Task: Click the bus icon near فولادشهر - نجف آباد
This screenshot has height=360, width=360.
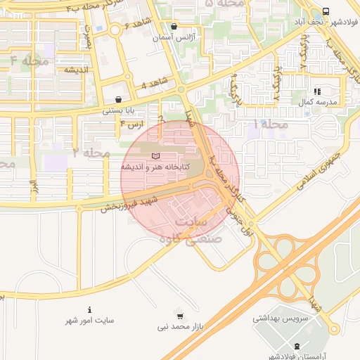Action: (326, 12)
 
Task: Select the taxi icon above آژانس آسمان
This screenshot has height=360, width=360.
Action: (174, 25)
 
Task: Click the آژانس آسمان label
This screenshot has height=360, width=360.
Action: (174, 36)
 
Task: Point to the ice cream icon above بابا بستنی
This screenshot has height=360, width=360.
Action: (118, 100)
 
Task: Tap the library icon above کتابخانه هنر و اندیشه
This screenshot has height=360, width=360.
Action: (156, 155)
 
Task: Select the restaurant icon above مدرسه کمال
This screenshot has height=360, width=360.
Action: (317, 91)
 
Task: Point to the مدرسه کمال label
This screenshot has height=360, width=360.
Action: (319, 102)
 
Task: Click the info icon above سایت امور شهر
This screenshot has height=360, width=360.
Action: (90, 310)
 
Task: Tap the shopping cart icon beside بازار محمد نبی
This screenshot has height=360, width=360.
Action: (180, 316)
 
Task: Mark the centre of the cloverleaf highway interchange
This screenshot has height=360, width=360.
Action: (285, 253)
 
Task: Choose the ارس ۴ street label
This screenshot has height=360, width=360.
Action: (131, 124)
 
